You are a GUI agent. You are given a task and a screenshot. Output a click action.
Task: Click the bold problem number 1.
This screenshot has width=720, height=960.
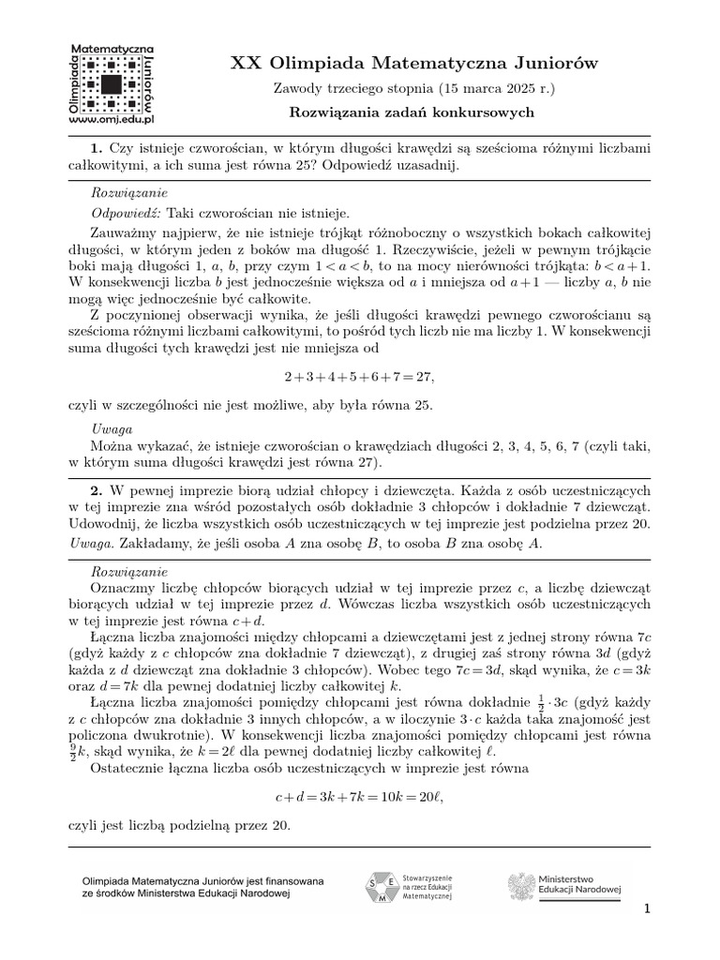tap(96, 148)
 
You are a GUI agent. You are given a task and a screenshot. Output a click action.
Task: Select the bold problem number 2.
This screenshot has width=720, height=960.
tap(96, 490)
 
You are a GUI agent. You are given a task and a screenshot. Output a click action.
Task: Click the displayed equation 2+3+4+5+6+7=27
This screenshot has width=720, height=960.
tap(360, 376)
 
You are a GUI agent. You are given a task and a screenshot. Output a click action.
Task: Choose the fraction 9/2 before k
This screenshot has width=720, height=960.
tap(74, 752)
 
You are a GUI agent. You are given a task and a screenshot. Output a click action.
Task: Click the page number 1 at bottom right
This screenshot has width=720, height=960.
tap(646, 908)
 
